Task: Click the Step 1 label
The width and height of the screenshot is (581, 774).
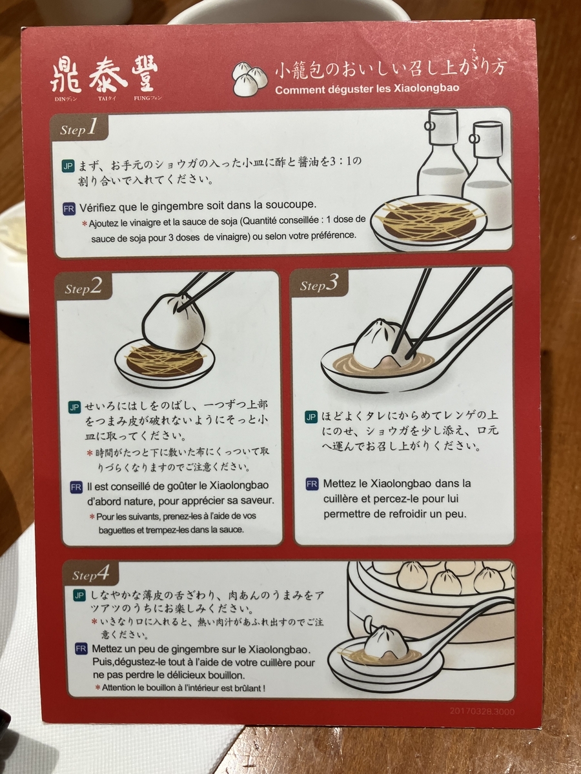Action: [x=78, y=129]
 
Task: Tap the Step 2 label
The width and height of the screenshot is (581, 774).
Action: [x=83, y=288]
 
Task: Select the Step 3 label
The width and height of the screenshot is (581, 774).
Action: [x=319, y=284]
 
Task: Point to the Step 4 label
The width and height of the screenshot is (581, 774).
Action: [x=90, y=574]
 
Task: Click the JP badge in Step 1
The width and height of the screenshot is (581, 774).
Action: [x=68, y=165]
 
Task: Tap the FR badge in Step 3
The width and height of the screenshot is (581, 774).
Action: [x=312, y=484]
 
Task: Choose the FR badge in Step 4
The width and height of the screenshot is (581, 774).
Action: [x=81, y=649]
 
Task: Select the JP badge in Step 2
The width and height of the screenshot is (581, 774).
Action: [x=75, y=407]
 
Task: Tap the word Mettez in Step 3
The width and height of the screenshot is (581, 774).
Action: [x=339, y=483]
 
